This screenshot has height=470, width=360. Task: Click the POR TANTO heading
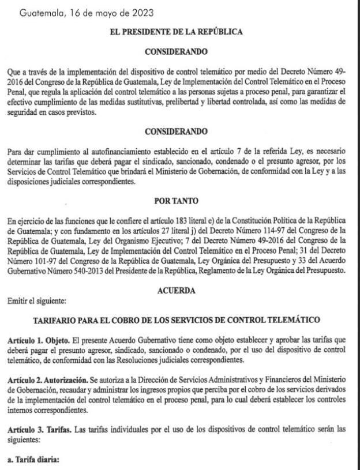coord(175,201)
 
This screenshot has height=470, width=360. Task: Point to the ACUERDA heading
coord(175,291)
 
